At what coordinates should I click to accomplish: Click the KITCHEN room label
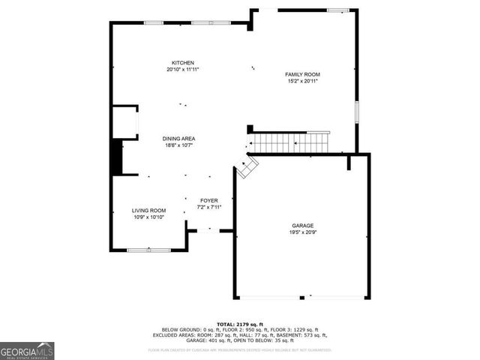183,62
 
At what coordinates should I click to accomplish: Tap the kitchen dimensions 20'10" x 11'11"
183,69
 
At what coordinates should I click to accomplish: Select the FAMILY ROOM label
302,74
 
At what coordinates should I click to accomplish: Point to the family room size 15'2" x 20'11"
302,81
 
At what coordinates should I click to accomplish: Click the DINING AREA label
179,139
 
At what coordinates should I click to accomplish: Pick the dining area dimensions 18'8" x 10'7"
179,145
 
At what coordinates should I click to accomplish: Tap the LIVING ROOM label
149,211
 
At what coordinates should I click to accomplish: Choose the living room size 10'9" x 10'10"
149,217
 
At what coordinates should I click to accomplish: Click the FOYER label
208,200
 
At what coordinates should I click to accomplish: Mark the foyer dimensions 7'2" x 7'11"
208,207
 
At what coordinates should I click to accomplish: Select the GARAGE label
303,226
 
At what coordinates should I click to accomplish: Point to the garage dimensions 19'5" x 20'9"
303,232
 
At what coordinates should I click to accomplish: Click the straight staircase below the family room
289,142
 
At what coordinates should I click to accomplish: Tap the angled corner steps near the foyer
247,166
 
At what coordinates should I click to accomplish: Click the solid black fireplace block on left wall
116,157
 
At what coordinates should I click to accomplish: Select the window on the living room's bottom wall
148,250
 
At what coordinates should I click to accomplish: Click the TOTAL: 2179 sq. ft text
240,323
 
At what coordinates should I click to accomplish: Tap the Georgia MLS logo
27,350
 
